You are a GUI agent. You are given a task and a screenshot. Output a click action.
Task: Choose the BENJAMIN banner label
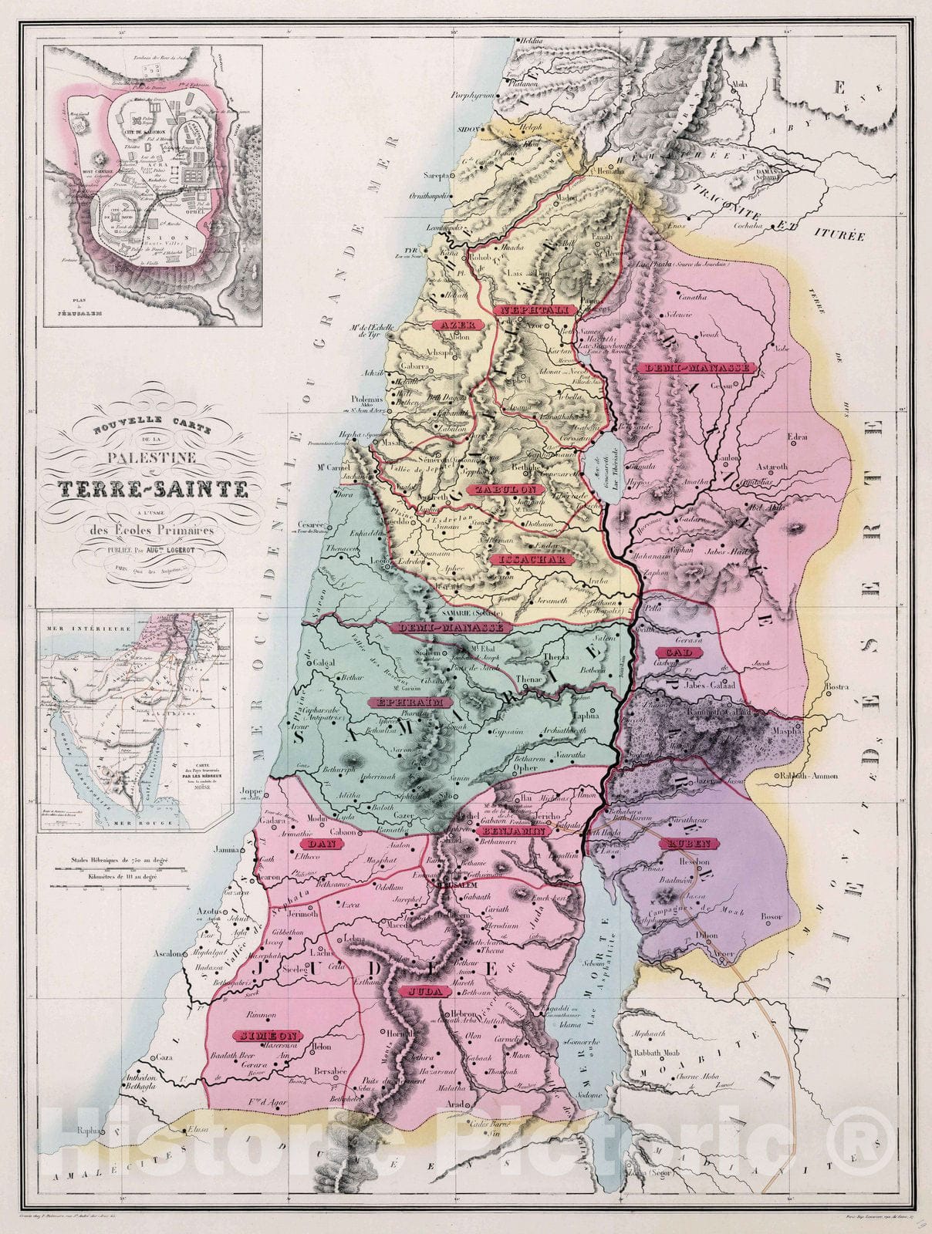coord(515,833)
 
